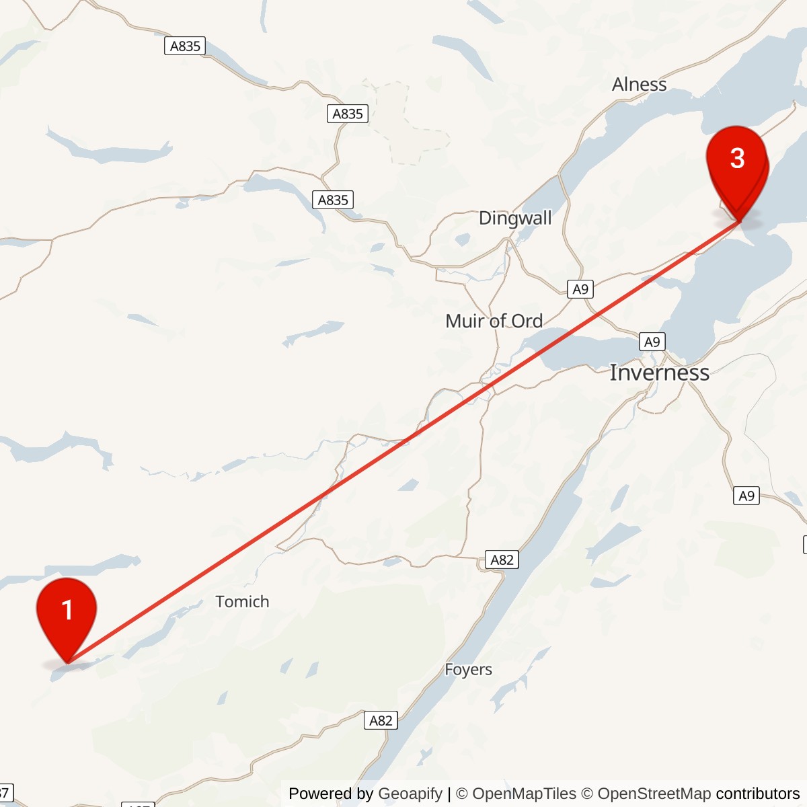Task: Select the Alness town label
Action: [x=639, y=85]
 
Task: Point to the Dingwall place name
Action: [x=515, y=218]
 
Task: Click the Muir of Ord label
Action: [x=494, y=321]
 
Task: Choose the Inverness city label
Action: [x=659, y=373]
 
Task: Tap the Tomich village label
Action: [x=242, y=602]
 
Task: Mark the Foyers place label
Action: [x=468, y=670]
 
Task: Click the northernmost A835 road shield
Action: [x=185, y=46]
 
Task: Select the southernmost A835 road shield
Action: [x=333, y=200]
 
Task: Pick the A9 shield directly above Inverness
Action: [x=652, y=342]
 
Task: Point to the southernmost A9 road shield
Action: [x=746, y=496]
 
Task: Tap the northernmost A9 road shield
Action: [x=580, y=289]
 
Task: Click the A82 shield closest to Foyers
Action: [x=381, y=720]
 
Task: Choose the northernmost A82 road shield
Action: [x=502, y=560]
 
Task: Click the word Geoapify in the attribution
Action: [x=410, y=794]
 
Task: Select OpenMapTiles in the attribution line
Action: [x=524, y=794]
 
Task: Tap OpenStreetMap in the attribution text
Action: [x=654, y=794]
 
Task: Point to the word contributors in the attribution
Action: [x=758, y=794]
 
